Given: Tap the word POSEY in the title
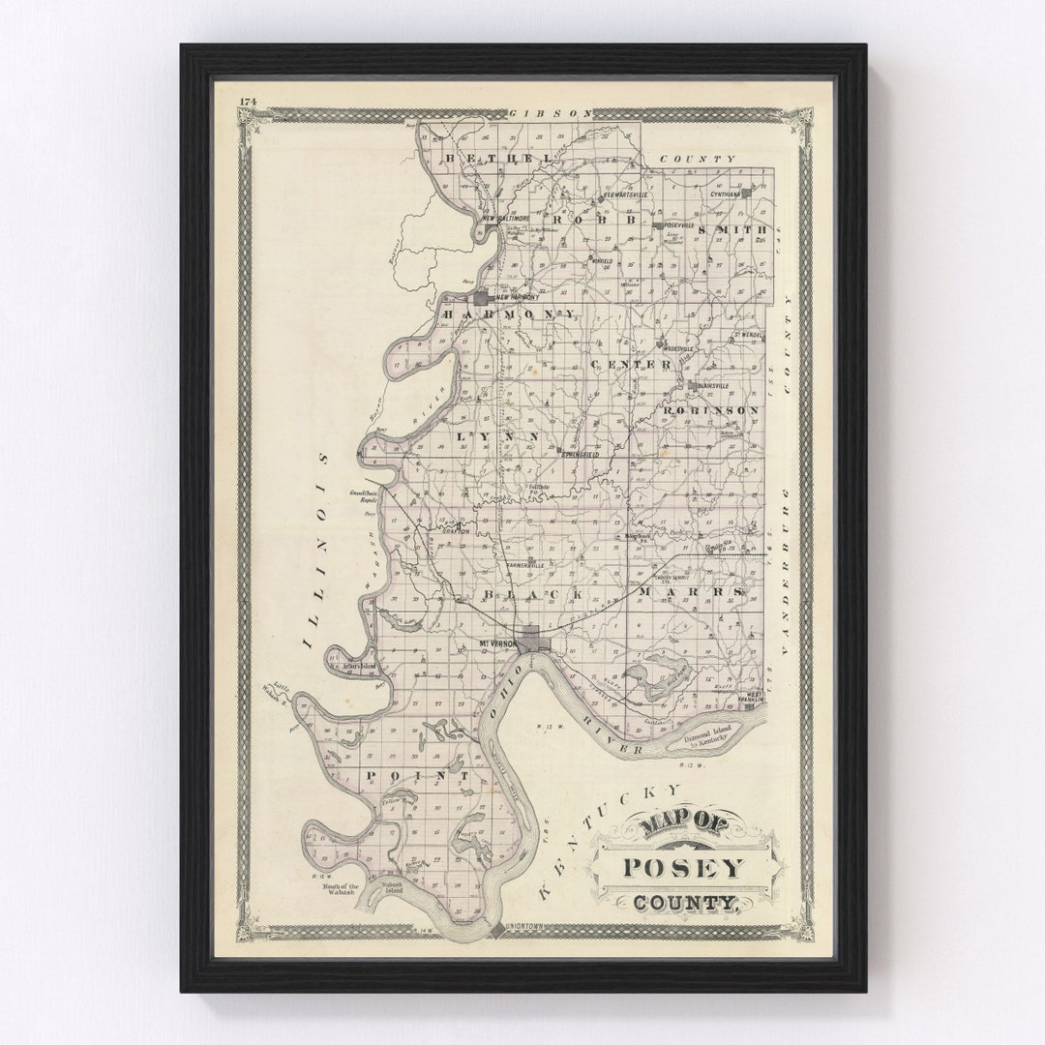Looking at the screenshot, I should tap(683, 867).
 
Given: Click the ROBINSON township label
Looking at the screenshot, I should tap(711, 410).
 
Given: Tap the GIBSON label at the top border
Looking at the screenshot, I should tap(551, 113).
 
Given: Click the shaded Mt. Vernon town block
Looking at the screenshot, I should tap(531, 640).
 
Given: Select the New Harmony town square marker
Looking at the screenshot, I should tap(480, 298).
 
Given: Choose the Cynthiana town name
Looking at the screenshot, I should tap(725, 194).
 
